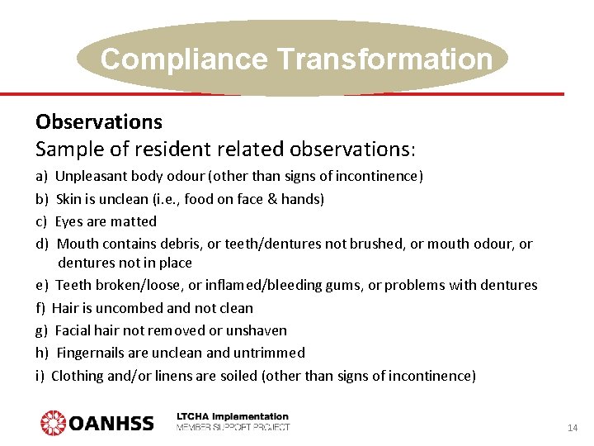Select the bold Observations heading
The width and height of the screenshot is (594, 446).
pos(99,122)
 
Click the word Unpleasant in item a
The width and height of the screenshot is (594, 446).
pos(90,176)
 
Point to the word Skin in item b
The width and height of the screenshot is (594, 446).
pos(68,198)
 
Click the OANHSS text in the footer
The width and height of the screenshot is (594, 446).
pos(111,424)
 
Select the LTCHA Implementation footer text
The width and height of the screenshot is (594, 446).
pos(233,416)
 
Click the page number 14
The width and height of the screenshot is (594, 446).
pos(573,428)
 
